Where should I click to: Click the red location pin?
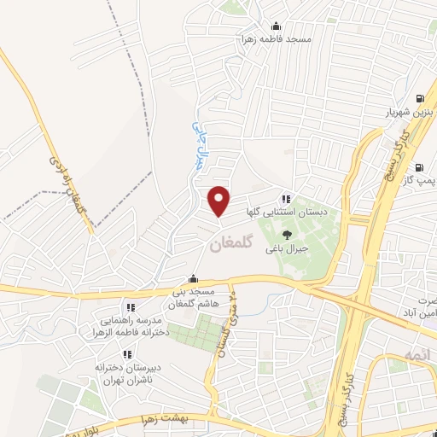pyautogui.click(x=219, y=200)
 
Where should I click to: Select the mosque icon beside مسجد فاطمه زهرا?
pyautogui.click(x=274, y=26)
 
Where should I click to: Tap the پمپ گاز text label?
pyautogui.click(x=420, y=180)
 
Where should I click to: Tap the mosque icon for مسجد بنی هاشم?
pyautogui.click(x=194, y=277)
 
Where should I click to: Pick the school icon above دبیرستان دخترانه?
pyautogui.click(x=126, y=354)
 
